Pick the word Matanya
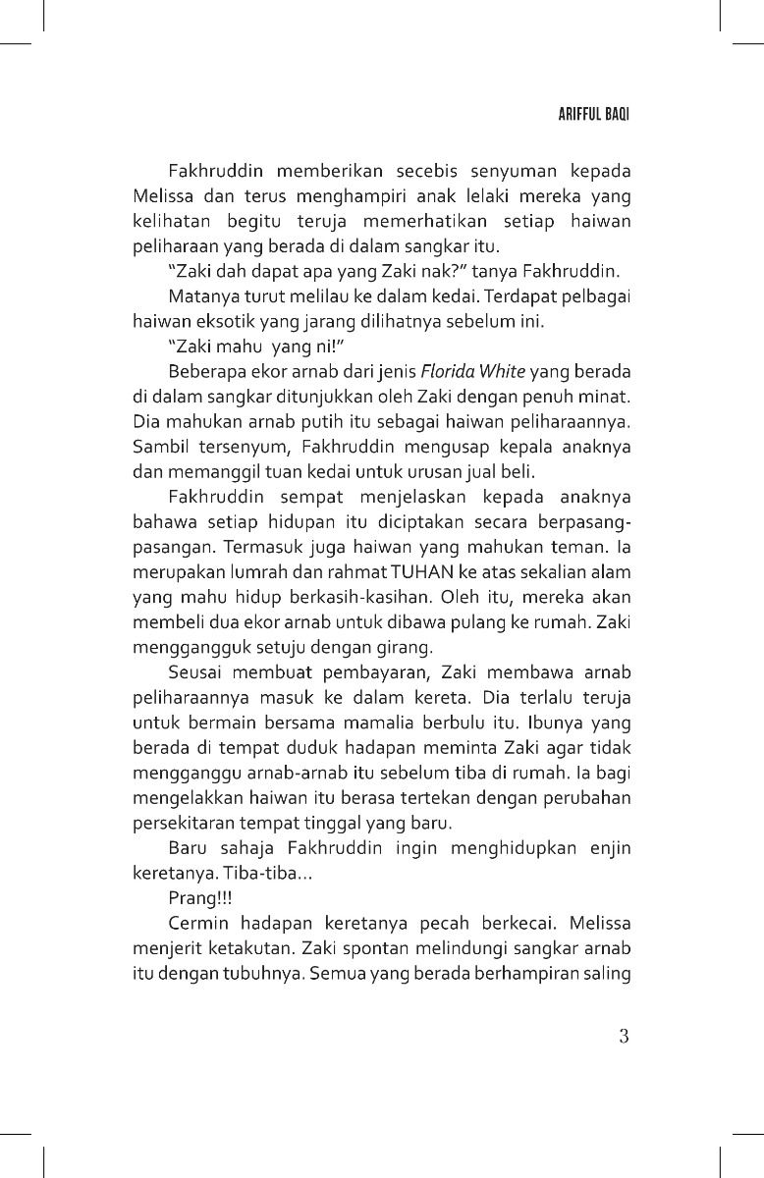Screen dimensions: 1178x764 [x=200, y=294]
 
